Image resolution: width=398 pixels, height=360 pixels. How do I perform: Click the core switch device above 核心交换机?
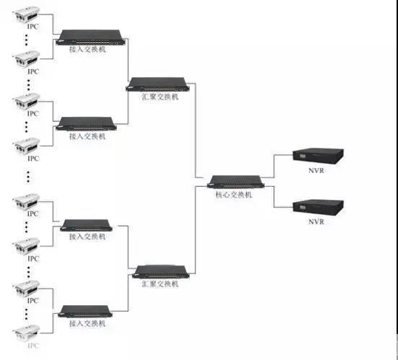tap(236, 182)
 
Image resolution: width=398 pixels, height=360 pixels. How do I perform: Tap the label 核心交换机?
tap(234, 195)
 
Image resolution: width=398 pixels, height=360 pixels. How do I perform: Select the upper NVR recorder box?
tap(318, 157)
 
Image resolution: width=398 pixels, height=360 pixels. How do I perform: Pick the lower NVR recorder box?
tap(318, 208)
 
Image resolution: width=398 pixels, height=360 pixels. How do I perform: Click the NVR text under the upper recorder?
tap(317, 170)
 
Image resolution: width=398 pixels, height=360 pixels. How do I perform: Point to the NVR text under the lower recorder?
tap(317, 221)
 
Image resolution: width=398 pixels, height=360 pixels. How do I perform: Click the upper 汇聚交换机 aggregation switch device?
tap(158, 84)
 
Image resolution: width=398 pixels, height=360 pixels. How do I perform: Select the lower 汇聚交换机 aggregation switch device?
tap(161, 271)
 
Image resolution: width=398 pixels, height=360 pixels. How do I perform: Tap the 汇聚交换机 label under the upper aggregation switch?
tap(160, 97)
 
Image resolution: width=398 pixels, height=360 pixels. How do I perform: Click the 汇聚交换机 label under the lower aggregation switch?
tap(160, 284)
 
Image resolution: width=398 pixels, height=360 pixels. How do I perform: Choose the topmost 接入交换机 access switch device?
tap(91, 38)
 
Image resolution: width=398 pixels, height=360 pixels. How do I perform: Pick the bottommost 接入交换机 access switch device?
tap(85, 312)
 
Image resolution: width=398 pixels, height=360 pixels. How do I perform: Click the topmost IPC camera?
tap(27, 14)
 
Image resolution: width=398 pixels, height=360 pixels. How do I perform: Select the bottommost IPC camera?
tap(27, 333)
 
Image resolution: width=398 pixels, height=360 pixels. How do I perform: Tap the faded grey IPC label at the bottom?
tap(33, 346)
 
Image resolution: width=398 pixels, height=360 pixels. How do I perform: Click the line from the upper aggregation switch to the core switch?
tap(195, 131)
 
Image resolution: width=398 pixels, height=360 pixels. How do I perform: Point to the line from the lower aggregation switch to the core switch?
tap(195, 230)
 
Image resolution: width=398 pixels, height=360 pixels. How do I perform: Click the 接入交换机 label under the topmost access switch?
tap(87, 49)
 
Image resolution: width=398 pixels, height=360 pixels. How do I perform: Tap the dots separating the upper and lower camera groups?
tap(28, 177)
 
